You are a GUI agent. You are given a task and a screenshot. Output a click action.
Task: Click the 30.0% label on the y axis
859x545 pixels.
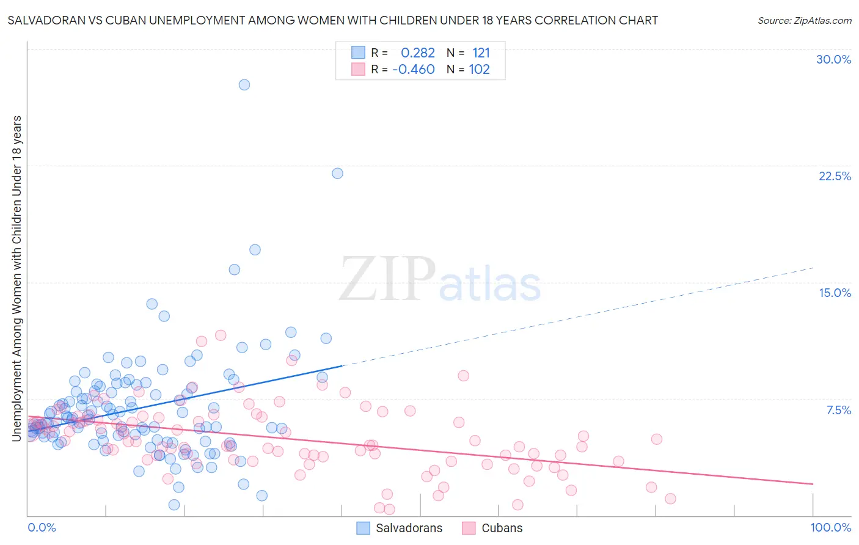pos(833,59)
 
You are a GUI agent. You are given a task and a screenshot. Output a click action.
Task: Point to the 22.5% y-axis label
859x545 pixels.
pos(835,176)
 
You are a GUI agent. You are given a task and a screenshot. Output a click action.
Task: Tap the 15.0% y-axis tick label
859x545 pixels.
pos(835,293)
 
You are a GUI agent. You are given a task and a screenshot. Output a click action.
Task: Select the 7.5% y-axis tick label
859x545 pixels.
pos(838,410)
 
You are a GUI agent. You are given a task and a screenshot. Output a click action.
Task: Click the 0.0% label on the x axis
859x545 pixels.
pos(42,527)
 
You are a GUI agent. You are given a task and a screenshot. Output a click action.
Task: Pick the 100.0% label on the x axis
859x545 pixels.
pos(830,527)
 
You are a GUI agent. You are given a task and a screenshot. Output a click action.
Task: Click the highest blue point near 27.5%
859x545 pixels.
pos(244,85)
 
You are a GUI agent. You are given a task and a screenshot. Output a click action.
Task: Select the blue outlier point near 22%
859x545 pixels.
pos(337,174)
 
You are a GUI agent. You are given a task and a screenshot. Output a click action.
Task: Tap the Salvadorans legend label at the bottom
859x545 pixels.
pos(409,528)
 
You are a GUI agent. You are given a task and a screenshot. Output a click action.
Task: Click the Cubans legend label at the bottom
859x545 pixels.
pos(502,528)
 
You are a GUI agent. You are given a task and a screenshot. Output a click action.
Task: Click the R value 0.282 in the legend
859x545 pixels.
pos(418,53)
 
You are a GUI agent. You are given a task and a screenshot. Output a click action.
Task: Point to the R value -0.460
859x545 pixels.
pos(414,70)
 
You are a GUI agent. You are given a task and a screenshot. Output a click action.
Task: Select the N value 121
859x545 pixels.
pos(481,53)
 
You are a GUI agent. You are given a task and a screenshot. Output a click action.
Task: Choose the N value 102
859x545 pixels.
pos(479,70)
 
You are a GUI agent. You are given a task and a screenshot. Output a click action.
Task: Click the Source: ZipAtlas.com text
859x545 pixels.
pos(804,20)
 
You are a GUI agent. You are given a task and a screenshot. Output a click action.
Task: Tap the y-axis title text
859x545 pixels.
pos(16,278)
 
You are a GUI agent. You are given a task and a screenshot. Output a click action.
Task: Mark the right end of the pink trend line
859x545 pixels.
pos(813,484)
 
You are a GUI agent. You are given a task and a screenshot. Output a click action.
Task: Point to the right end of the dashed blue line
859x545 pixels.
pos(813,268)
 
